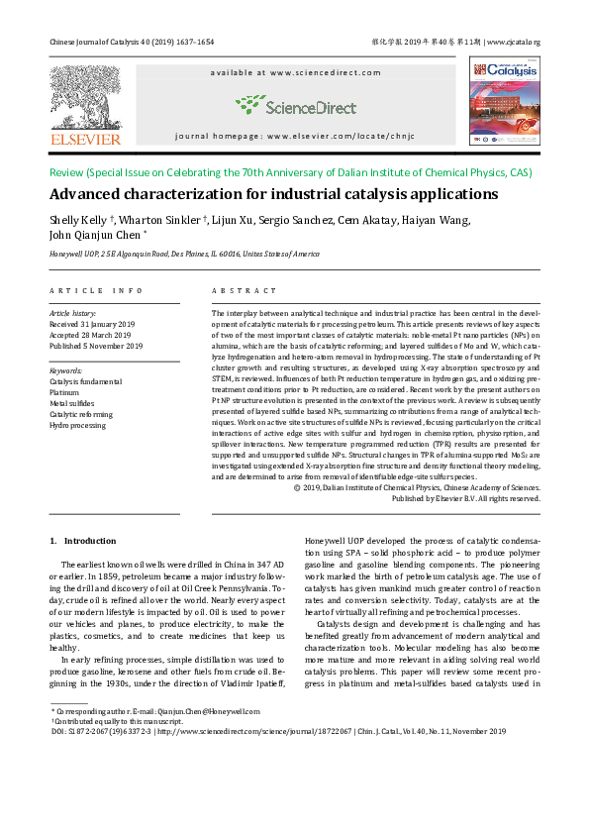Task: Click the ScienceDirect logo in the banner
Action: coord(296,106)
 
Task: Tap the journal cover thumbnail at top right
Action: coord(504,101)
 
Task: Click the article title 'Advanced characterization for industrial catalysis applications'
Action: coord(274,194)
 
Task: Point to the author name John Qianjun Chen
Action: coord(96,236)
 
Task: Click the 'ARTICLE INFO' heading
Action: coord(96,290)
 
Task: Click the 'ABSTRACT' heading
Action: coord(244,290)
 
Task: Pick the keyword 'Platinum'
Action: coord(64,392)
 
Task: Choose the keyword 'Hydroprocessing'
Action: coord(78,425)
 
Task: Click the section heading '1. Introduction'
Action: coord(83,541)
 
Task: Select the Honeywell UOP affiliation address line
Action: coord(184,254)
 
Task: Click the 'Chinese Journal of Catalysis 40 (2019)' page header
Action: coord(132,43)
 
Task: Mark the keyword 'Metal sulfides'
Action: coord(71,403)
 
